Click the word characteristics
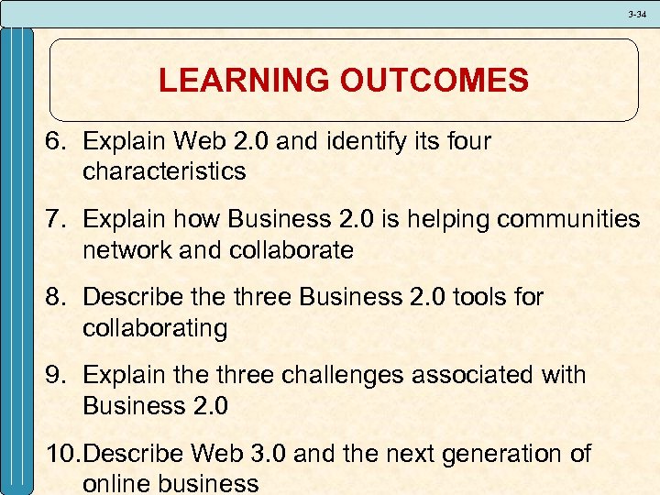[164, 171]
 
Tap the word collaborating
[155, 328]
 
